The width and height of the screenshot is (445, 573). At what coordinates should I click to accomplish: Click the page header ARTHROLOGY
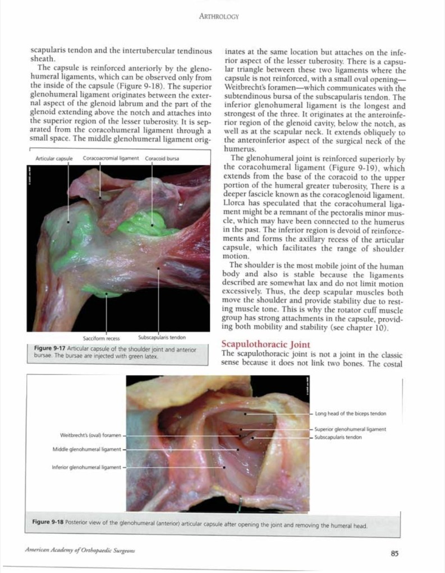click(x=219, y=16)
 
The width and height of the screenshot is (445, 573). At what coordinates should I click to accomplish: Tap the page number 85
click(x=394, y=553)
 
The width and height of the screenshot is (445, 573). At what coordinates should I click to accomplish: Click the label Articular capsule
click(x=54, y=159)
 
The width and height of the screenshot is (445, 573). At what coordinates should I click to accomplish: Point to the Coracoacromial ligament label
click(x=111, y=159)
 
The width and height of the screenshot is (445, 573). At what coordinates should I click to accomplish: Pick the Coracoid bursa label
click(x=162, y=159)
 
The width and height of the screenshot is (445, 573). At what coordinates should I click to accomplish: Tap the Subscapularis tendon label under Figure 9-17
click(x=162, y=337)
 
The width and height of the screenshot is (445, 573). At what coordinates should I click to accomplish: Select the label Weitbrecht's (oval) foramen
click(x=91, y=435)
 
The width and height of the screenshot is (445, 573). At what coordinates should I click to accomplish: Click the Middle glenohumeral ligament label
click(x=86, y=449)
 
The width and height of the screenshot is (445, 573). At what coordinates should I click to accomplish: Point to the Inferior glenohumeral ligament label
click(x=86, y=467)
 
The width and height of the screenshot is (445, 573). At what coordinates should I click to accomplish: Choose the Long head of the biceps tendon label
click(x=350, y=414)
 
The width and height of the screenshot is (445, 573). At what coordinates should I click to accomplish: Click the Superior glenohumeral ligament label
click(x=350, y=429)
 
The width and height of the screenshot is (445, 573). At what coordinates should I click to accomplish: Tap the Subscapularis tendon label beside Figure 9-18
click(x=338, y=437)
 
